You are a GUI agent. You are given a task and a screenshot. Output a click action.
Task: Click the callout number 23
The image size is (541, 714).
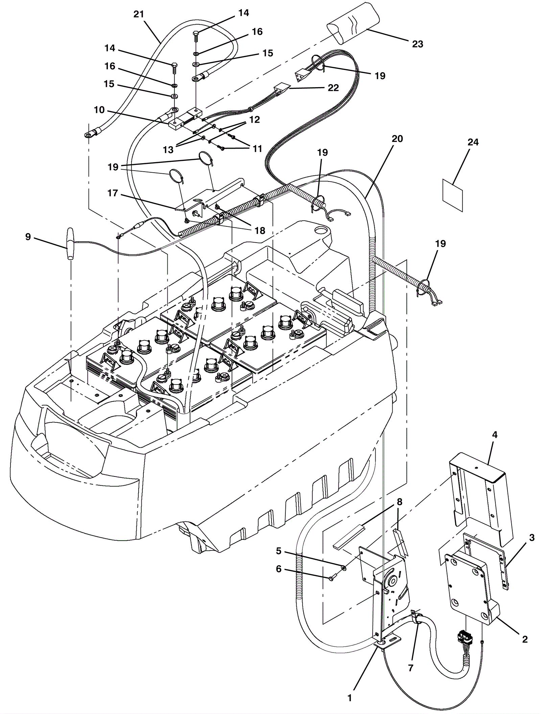(x=418, y=44)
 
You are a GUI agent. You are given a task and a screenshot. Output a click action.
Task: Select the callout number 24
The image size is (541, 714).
(x=473, y=142)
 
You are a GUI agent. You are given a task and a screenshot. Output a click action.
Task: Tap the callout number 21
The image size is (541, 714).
(x=139, y=15)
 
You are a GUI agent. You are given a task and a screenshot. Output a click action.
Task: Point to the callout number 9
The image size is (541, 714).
(x=28, y=237)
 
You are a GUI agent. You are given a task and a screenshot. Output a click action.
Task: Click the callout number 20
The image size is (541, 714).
(x=398, y=139)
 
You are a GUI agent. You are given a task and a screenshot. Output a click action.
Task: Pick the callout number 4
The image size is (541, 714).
(x=495, y=435)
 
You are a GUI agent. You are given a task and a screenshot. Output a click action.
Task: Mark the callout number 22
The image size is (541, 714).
(x=333, y=88)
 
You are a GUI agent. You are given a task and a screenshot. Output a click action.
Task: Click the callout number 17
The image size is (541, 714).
(x=113, y=193)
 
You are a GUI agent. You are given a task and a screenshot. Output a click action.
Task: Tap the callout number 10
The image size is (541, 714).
(x=99, y=110)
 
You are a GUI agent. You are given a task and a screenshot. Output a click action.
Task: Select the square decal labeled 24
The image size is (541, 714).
(x=452, y=195)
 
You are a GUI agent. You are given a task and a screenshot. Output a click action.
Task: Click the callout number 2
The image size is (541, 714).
(x=525, y=639)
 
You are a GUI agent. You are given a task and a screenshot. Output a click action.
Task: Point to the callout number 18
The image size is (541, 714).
(x=260, y=230)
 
